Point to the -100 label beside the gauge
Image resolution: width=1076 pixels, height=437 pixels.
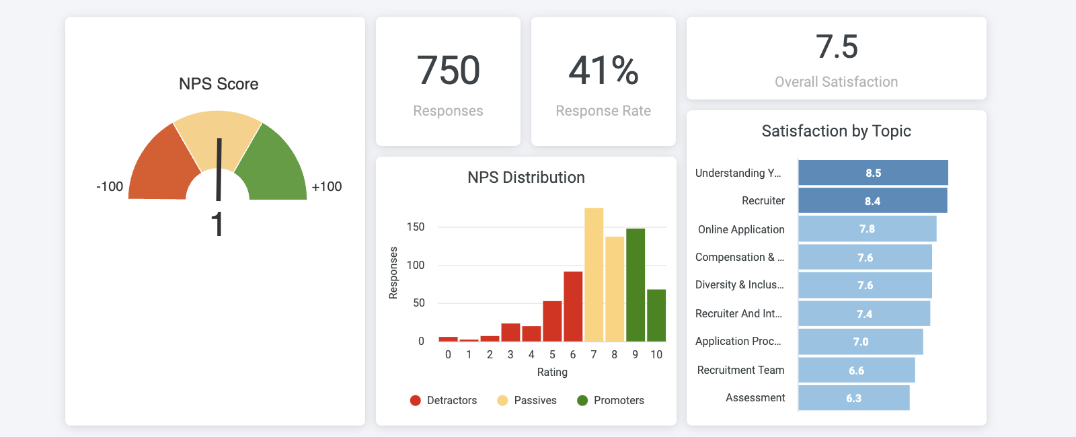(110, 186)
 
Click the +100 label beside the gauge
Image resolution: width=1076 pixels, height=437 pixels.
(327, 186)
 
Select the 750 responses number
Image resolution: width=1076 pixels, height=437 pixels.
(448, 71)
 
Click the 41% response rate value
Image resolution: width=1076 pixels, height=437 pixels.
(603, 71)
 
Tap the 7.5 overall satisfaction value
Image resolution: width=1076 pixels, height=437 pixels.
(837, 47)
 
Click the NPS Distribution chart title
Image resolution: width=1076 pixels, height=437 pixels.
(526, 177)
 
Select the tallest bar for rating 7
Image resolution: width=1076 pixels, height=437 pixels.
(594, 276)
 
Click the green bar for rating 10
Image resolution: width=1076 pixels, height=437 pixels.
(656, 316)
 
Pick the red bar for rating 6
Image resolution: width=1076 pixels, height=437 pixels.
(573, 307)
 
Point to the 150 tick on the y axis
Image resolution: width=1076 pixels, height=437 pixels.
(416, 227)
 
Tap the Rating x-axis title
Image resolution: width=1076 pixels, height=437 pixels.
(552, 372)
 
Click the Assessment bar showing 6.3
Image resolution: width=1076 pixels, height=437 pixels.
(853, 398)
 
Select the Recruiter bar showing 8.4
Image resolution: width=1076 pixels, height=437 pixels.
(872, 201)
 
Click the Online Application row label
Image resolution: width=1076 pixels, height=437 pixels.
(741, 229)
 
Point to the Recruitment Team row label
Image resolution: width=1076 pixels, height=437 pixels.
(740, 370)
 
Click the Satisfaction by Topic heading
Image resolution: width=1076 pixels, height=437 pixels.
(836, 131)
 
